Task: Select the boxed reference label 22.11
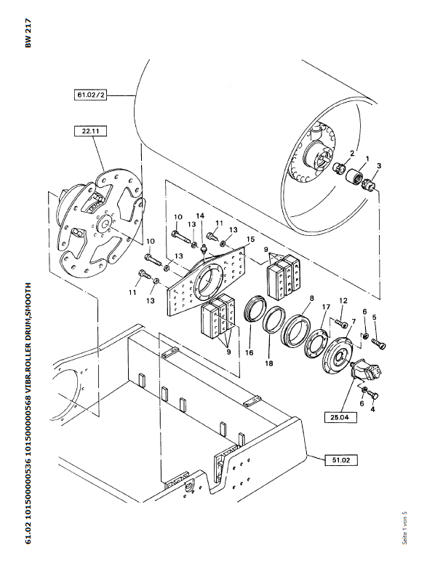pos(91,132)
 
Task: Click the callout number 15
pos(250,240)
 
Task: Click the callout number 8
pos(311,298)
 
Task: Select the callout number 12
pos(343,301)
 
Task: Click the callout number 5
pos(375,317)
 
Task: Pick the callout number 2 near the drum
pos(351,153)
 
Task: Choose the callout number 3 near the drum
pos(378,165)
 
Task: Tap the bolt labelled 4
pos(373,395)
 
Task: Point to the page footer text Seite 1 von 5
pos(403,527)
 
